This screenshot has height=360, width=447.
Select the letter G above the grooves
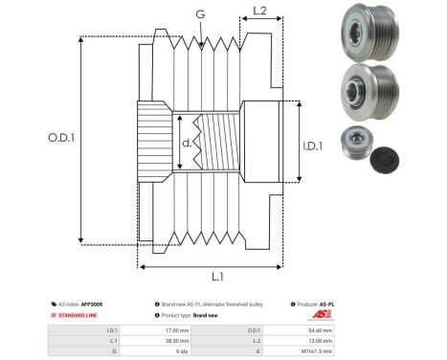199,14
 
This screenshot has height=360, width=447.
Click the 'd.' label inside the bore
187,145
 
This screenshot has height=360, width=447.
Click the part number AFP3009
90,304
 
